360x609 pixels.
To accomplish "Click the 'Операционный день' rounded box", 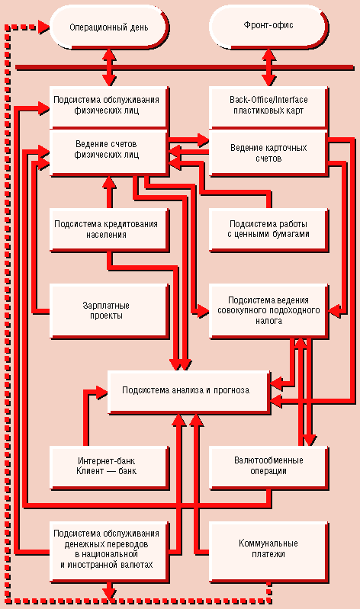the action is tap(109, 27).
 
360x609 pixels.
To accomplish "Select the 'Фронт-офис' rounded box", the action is tap(268, 27).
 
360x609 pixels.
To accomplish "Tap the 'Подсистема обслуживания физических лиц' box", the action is tap(109, 107).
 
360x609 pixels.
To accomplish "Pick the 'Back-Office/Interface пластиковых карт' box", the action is tap(268, 107).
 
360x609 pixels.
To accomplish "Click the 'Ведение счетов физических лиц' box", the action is tap(109, 152).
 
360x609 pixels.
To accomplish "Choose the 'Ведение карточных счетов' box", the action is tap(268, 152).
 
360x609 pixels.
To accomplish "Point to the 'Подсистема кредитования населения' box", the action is tap(109, 230).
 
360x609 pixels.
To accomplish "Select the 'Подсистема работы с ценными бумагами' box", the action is tap(268, 230).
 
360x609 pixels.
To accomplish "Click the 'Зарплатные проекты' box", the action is tap(109, 311).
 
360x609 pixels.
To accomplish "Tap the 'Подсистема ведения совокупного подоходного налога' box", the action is tap(268, 311).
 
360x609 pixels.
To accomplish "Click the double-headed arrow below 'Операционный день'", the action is tap(109, 67).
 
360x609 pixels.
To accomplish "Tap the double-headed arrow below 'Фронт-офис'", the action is tap(268, 67).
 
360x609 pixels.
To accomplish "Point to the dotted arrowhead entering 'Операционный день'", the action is tap(44, 27).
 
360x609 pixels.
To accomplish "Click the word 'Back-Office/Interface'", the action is tap(268, 100).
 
